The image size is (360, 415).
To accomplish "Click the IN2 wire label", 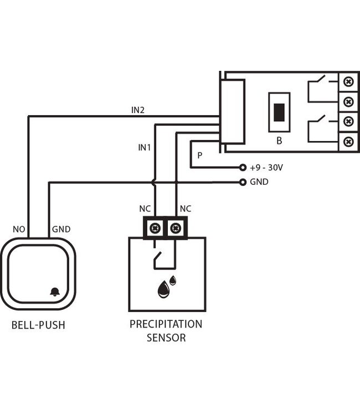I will coord(138,110).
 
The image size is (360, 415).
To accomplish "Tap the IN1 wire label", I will coord(145,148).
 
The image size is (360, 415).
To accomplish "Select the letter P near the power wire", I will coord(199,157).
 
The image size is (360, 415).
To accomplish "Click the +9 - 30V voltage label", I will coord(267,167).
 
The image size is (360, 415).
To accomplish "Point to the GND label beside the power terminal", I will coord(259,181).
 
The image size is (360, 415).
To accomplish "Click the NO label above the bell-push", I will coord(19,229).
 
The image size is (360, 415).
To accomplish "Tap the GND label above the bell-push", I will coord(61,229).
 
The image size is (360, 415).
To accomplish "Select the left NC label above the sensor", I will coord(145,209).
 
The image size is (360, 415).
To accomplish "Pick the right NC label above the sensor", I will coord(186,209).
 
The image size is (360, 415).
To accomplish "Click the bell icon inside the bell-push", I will coord(55,292).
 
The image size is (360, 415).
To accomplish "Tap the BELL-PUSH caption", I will coord(38,325).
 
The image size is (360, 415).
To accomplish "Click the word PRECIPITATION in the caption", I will coord(166,324).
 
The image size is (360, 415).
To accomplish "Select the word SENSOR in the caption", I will coord(166,338).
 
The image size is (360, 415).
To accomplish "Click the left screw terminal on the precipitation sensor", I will coord(155,227).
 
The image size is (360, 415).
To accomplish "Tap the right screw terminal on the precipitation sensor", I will coord(176,227).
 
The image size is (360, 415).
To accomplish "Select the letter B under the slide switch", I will coord(279,141).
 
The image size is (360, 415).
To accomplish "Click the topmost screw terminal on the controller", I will coord(348,82).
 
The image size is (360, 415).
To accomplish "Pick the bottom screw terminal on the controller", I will coord(348,142).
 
